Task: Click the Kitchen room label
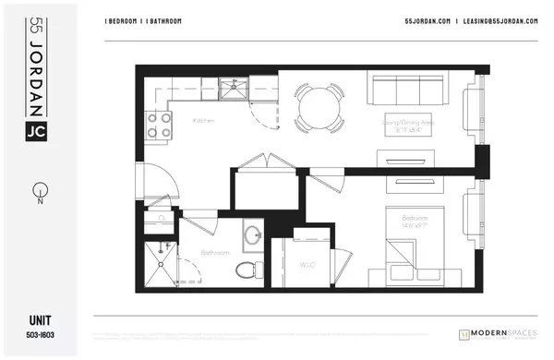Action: point(204,121)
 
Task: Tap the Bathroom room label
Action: point(214,251)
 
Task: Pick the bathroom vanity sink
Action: point(254,234)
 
